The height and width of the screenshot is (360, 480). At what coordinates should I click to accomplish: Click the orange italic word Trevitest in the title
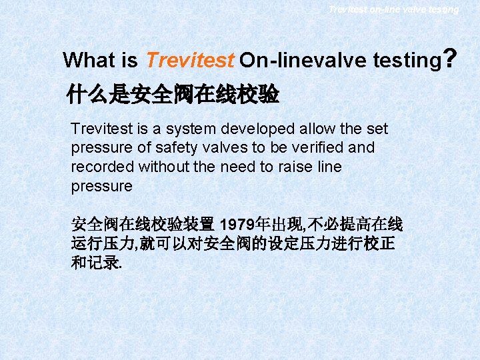[x=189, y=61]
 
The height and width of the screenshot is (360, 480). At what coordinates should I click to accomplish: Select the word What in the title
[x=89, y=61]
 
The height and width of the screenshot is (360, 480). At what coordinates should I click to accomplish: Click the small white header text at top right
[x=393, y=9]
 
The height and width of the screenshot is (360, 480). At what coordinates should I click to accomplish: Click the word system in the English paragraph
[x=198, y=128]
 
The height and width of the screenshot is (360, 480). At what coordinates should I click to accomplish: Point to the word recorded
[x=99, y=167]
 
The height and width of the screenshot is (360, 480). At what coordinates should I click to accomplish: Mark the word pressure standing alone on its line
[x=102, y=186]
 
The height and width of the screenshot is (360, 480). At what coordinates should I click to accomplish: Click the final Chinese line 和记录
[x=96, y=263]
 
